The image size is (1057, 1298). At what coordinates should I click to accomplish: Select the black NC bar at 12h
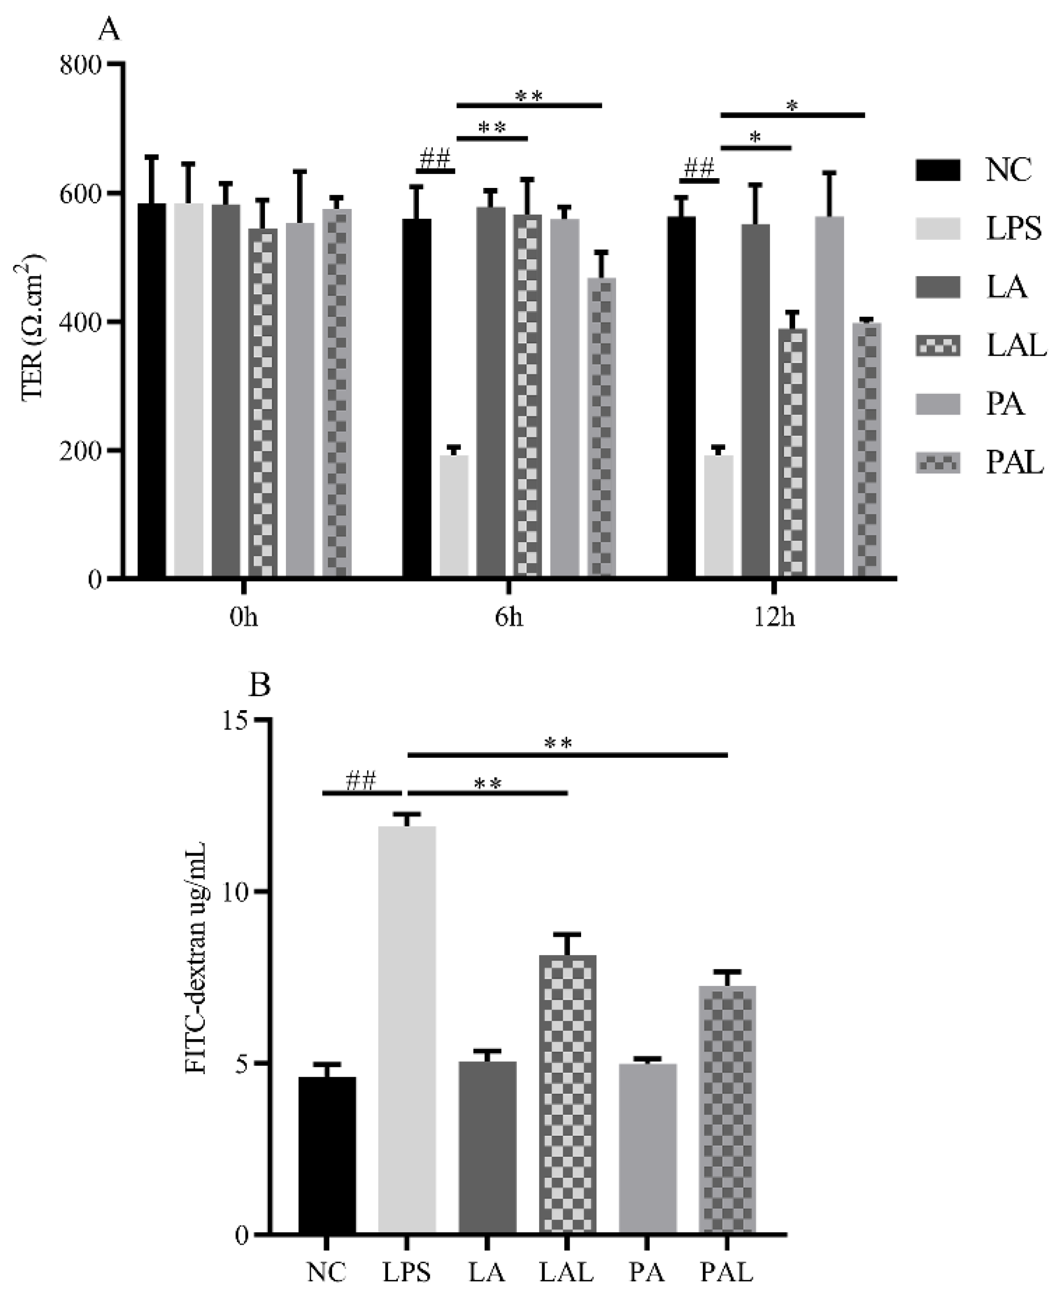[682, 396]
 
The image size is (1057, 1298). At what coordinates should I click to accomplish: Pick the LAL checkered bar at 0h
[262, 402]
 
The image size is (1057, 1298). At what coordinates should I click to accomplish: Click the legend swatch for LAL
[938, 347]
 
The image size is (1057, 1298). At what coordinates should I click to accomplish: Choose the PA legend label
[1005, 404]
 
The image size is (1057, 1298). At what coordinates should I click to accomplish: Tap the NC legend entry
[1008, 170]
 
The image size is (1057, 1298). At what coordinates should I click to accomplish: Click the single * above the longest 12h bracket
[792, 105]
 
